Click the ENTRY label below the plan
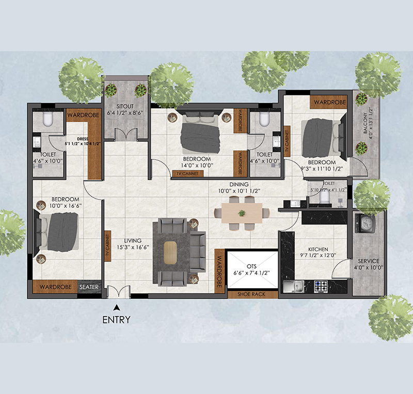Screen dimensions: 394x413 click(116, 319)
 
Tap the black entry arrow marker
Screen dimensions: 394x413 click(116, 308)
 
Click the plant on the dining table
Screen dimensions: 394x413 click(242, 212)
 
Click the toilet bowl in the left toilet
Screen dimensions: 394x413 click(47, 120)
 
